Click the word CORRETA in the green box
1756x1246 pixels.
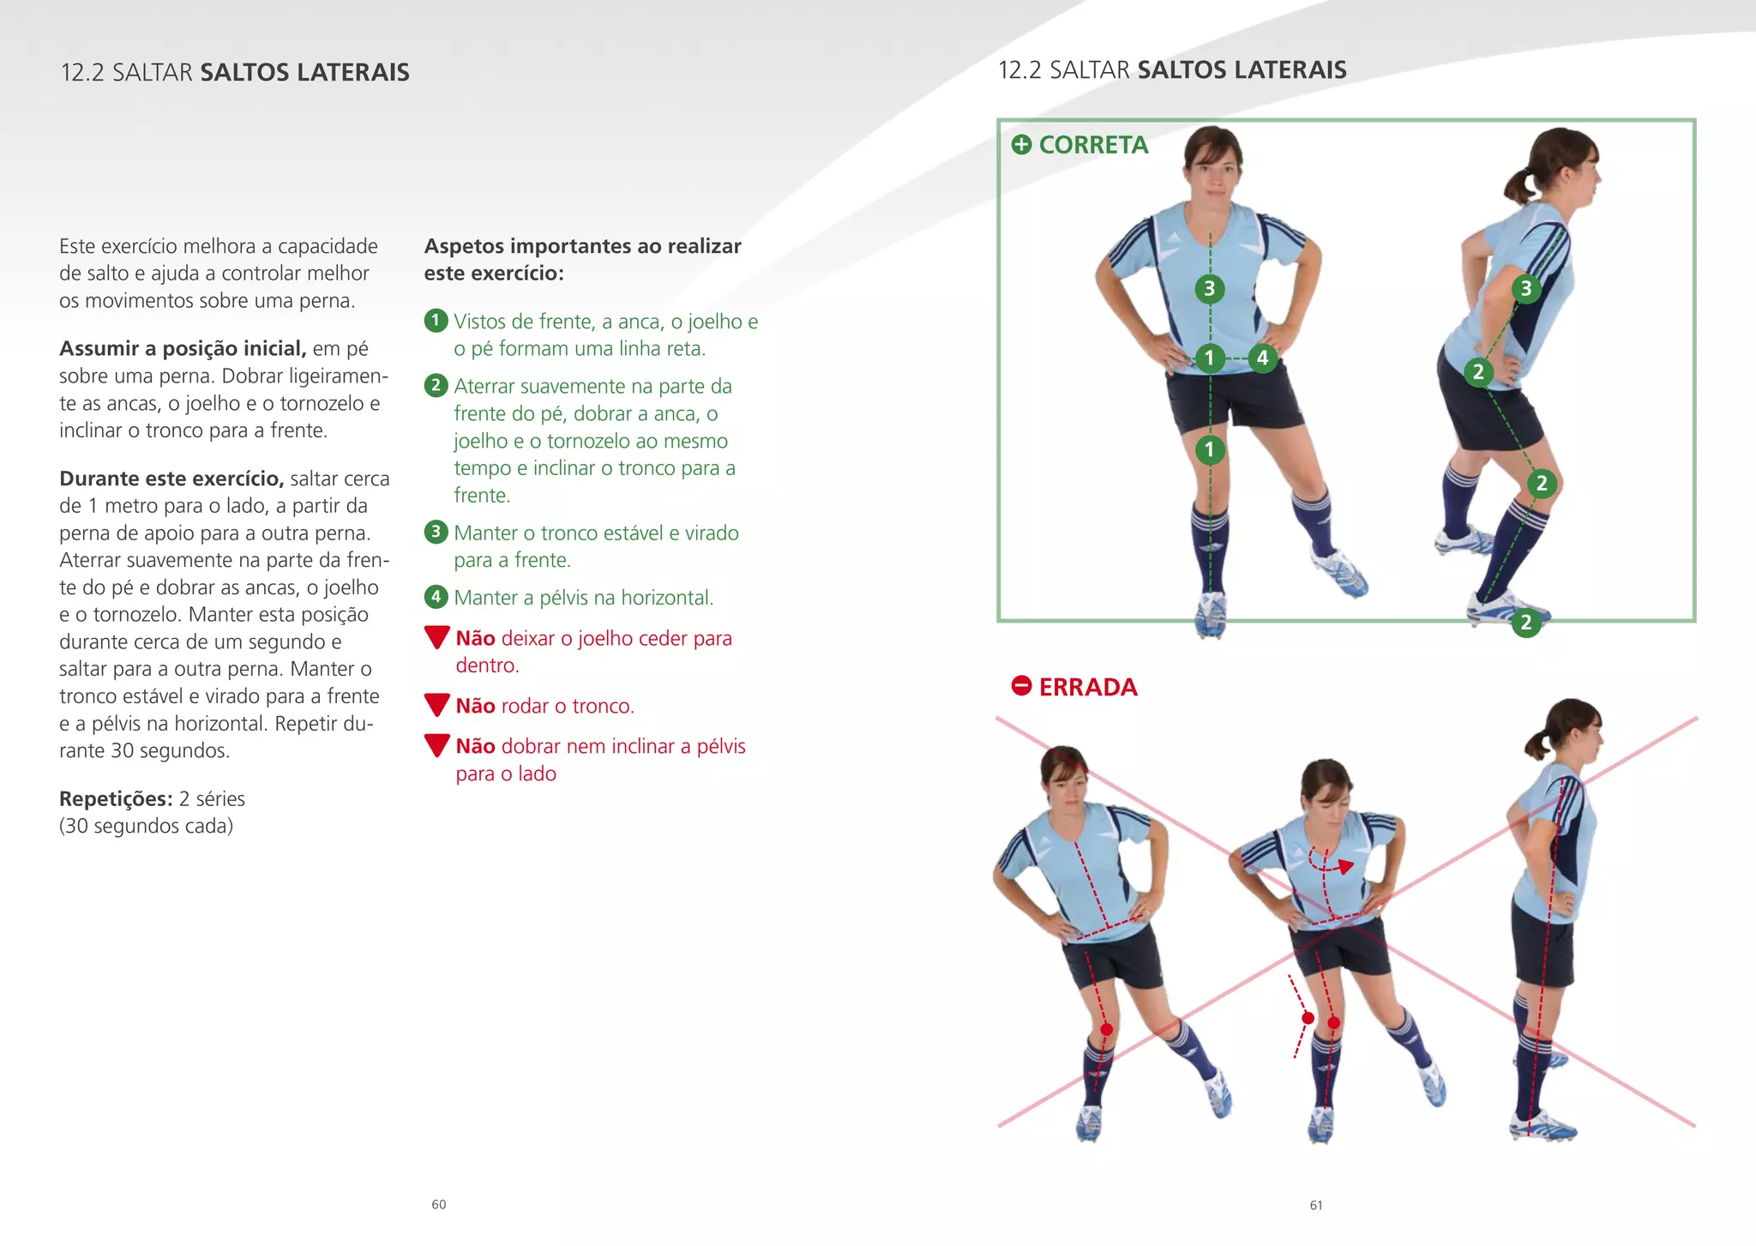(1092, 145)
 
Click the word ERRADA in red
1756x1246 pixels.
(1087, 687)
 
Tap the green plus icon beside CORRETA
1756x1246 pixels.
(1021, 144)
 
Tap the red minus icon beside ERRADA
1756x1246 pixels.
(1021, 686)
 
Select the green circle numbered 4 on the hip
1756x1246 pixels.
(1262, 358)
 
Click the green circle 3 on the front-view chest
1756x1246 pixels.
(1209, 289)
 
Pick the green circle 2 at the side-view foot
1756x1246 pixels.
(1525, 623)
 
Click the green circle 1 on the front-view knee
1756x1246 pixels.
(1209, 448)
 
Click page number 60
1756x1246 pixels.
(438, 1204)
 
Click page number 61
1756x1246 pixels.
(1316, 1205)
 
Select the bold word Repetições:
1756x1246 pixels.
(115, 798)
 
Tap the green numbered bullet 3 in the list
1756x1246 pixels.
(436, 532)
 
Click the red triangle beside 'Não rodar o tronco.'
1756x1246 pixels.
(437, 705)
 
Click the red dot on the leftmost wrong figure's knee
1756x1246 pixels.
(1106, 1029)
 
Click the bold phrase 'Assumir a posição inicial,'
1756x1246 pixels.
(182, 348)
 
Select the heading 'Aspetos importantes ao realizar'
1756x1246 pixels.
(582, 246)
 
